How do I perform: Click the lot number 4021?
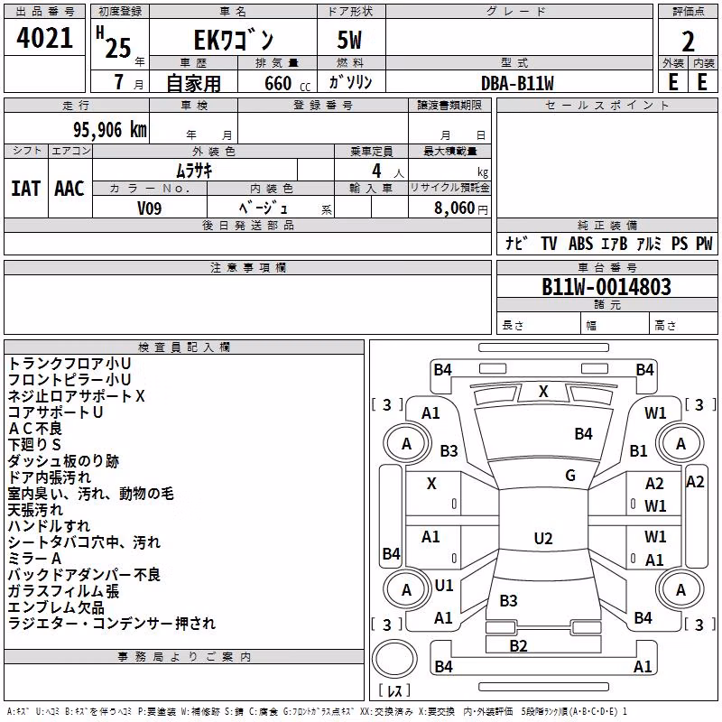click(x=44, y=38)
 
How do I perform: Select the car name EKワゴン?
click(x=234, y=41)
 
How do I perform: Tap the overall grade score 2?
click(x=688, y=42)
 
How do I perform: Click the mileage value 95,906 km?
click(x=109, y=130)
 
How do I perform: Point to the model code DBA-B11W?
click(x=517, y=83)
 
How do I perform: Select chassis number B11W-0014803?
click(x=606, y=286)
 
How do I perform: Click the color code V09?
click(x=149, y=208)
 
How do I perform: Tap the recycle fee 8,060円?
click(x=461, y=208)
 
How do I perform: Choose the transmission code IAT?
click(x=26, y=189)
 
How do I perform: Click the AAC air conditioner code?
click(x=69, y=189)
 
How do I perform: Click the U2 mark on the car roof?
click(x=543, y=538)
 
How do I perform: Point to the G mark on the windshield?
click(x=570, y=476)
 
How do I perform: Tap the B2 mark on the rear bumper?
click(x=518, y=646)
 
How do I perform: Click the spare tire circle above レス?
click(x=394, y=659)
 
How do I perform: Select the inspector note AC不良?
click(x=35, y=429)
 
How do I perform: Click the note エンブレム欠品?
click(x=56, y=607)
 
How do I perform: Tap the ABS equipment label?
click(x=580, y=244)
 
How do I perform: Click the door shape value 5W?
click(x=349, y=41)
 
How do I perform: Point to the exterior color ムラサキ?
click(x=194, y=171)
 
